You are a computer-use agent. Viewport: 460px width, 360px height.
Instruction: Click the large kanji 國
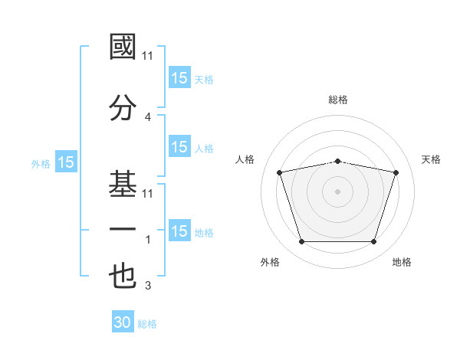123,47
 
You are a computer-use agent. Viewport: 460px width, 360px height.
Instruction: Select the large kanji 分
123,107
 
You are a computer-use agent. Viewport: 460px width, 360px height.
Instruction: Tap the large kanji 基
123,184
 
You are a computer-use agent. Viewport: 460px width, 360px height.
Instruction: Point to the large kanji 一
123,229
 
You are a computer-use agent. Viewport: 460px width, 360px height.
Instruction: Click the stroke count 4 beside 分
148,117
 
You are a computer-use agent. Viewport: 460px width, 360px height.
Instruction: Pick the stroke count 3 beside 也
148,285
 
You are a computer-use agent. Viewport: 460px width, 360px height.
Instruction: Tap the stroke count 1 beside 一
148,240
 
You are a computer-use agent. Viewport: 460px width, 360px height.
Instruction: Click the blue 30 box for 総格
123,321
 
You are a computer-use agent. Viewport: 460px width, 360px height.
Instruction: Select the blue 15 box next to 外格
66,162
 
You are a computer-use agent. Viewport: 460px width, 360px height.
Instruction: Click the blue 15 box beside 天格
180,77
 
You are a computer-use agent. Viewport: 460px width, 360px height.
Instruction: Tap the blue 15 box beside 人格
180,146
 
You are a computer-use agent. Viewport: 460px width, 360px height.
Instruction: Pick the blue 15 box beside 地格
180,230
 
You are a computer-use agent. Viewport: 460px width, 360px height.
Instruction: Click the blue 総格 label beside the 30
147,324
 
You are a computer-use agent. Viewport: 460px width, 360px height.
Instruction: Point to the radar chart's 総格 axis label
338,100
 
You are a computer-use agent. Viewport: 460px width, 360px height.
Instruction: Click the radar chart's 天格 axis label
431,159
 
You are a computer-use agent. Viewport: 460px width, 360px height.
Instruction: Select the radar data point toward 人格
279,172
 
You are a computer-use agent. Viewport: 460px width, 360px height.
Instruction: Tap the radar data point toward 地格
374,242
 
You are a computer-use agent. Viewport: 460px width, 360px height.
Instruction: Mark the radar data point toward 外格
302,242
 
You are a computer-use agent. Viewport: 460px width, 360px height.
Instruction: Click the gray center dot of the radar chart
337,191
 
